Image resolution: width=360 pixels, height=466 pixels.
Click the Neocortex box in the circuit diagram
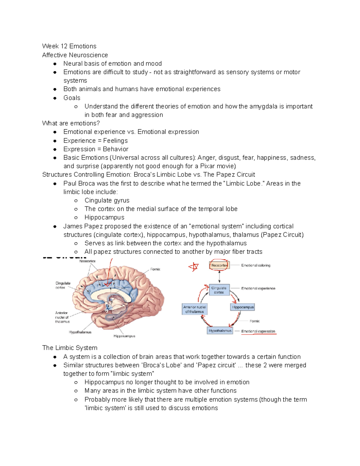pyautogui.click(x=219, y=265)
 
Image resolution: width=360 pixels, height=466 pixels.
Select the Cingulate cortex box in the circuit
pyautogui.click(x=219, y=290)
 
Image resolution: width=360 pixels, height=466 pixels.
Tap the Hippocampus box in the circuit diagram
pyautogui.click(x=243, y=307)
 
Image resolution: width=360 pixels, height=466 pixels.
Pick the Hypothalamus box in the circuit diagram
pyautogui.click(x=220, y=331)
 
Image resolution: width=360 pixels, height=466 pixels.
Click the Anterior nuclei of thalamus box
pyautogui.click(x=194, y=309)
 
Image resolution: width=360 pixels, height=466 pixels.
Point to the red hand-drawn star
pyautogui.click(x=194, y=266)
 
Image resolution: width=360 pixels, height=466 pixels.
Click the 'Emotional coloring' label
pyautogui.click(x=256, y=265)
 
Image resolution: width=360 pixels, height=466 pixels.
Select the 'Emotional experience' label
pyautogui.click(x=258, y=288)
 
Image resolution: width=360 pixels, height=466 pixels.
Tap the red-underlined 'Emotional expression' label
pyautogui.click(x=258, y=331)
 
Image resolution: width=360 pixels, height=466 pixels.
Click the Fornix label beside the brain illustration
pyautogui.click(x=155, y=269)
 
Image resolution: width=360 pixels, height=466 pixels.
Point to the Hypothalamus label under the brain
pyautogui.click(x=80, y=332)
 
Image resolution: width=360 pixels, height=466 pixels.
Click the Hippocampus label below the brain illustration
pyautogui.click(x=124, y=336)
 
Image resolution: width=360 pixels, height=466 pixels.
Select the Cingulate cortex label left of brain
pyautogui.click(x=63, y=285)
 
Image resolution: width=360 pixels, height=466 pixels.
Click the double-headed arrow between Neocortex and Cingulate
pyautogui.click(x=219, y=276)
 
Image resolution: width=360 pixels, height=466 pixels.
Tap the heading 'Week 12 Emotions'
pyautogui.click(x=69, y=46)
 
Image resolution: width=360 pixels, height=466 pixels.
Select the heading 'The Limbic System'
pyautogui.click(x=70, y=348)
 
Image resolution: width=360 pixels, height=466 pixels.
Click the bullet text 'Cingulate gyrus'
pyautogui.click(x=107, y=200)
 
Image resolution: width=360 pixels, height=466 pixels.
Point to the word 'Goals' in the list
pyautogui.click(x=72, y=98)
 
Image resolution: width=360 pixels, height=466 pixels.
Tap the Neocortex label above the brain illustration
pyautogui.click(x=87, y=261)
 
